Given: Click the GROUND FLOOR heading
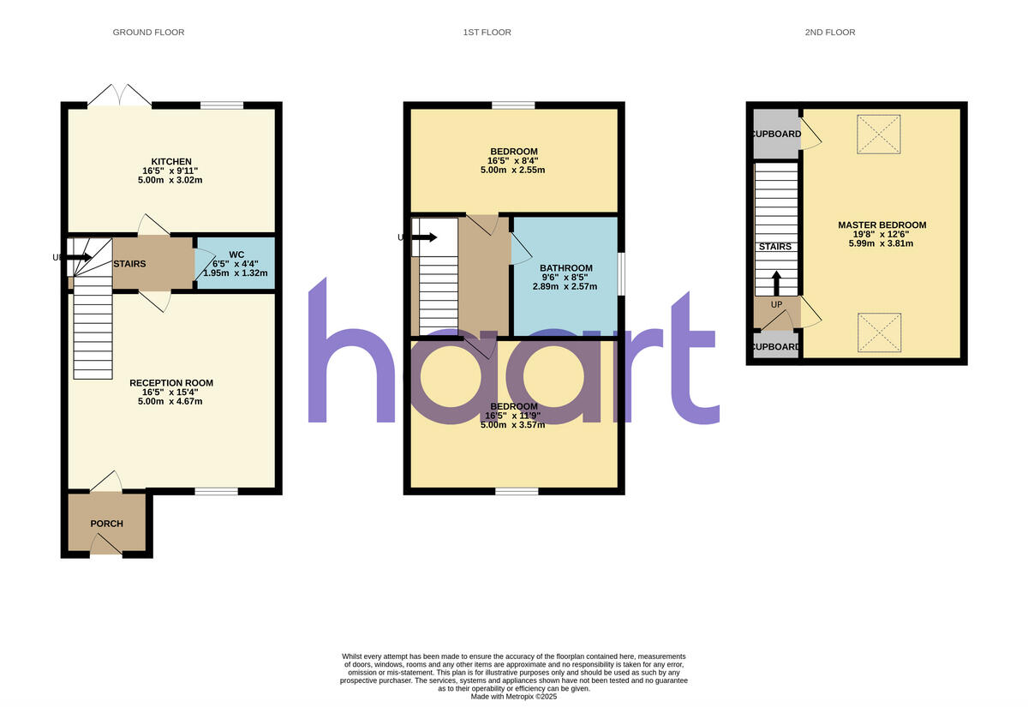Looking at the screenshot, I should (x=148, y=33).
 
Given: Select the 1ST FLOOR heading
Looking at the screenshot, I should (x=487, y=33).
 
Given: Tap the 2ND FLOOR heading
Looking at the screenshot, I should (x=829, y=33).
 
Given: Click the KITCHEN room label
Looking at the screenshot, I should (x=171, y=162).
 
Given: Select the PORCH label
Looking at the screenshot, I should (x=107, y=524).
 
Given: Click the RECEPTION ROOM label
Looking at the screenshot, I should (x=171, y=383).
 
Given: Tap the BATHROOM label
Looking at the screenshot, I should (x=566, y=268).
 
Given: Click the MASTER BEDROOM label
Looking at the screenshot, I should (x=882, y=225).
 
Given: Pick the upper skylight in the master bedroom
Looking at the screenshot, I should (x=878, y=135).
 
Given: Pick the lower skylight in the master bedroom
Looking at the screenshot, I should (x=878, y=333).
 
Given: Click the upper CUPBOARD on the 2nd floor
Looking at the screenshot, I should (x=776, y=135).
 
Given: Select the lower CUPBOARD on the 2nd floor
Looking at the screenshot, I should (x=776, y=348).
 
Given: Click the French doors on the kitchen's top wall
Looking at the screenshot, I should (x=120, y=97).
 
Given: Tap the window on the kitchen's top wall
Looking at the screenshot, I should (x=221, y=105).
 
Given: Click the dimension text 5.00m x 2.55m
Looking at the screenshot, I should (x=513, y=170).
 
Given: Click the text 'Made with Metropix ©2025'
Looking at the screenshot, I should (x=514, y=697).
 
